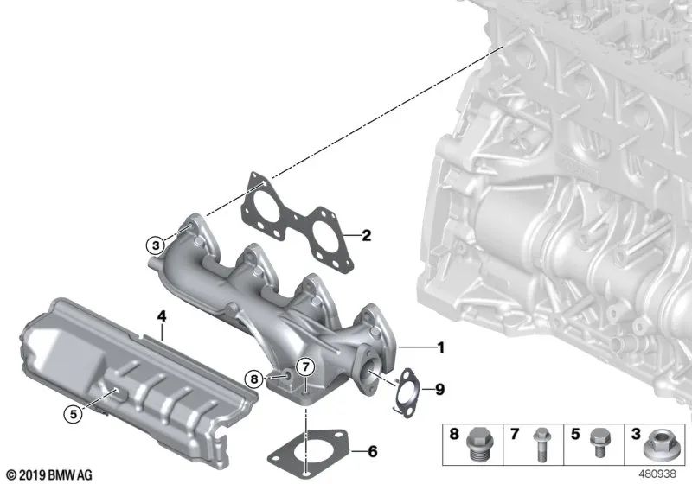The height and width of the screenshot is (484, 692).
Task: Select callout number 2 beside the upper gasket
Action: pyautogui.click(x=366, y=234)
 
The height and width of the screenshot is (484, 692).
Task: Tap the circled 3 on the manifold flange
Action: pyautogui.click(x=154, y=245)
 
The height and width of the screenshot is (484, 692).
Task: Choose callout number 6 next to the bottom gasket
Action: pyautogui.click(x=372, y=450)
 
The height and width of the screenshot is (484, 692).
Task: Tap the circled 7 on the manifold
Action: pyautogui.click(x=304, y=366)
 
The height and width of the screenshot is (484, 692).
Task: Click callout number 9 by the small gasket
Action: pyautogui.click(x=439, y=390)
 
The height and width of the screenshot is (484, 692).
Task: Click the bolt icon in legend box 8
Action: pyautogui.click(x=477, y=443)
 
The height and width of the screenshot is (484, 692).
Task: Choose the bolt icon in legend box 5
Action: pyautogui.click(x=595, y=443)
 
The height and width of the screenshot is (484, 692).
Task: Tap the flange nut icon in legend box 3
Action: pyautogui.click(x=656, y=444)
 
